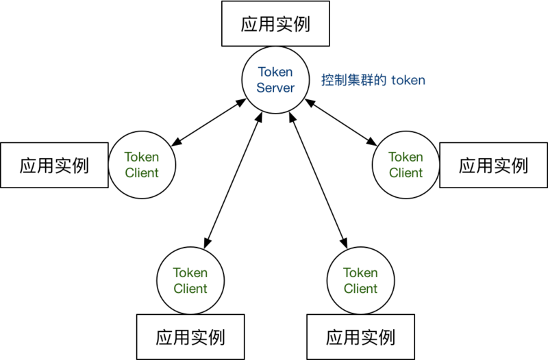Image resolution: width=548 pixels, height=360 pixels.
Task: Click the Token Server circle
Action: point(275,79)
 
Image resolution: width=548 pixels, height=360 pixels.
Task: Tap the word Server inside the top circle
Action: point(275,88)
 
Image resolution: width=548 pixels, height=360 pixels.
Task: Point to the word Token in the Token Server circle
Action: point(275,72)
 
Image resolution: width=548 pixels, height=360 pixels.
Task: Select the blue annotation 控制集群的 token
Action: point(373,80)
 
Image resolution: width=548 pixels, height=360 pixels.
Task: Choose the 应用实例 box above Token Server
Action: point(275,25)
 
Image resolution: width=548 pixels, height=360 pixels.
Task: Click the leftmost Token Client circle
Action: point(142,165)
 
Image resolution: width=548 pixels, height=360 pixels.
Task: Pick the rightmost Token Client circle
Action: point(406,165)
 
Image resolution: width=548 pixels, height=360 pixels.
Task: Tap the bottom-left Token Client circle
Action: point(190,281)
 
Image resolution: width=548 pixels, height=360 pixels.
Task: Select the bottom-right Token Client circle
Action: point(360,281)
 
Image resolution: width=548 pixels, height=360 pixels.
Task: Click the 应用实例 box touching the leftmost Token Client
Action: point(54,165)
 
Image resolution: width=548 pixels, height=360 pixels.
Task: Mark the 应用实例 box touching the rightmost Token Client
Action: point(493,165)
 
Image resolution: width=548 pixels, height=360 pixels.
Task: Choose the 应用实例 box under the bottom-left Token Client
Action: point(190,337)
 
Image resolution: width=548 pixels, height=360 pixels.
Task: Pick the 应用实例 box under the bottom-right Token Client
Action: point(360,337)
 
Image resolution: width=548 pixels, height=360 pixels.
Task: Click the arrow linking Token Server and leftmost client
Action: point(208,123)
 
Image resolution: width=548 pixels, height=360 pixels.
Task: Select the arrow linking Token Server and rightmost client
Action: point(340,123)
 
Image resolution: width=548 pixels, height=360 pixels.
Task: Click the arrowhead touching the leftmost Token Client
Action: point(175,144)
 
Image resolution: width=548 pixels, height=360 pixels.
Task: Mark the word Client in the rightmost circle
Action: point(406,173)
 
